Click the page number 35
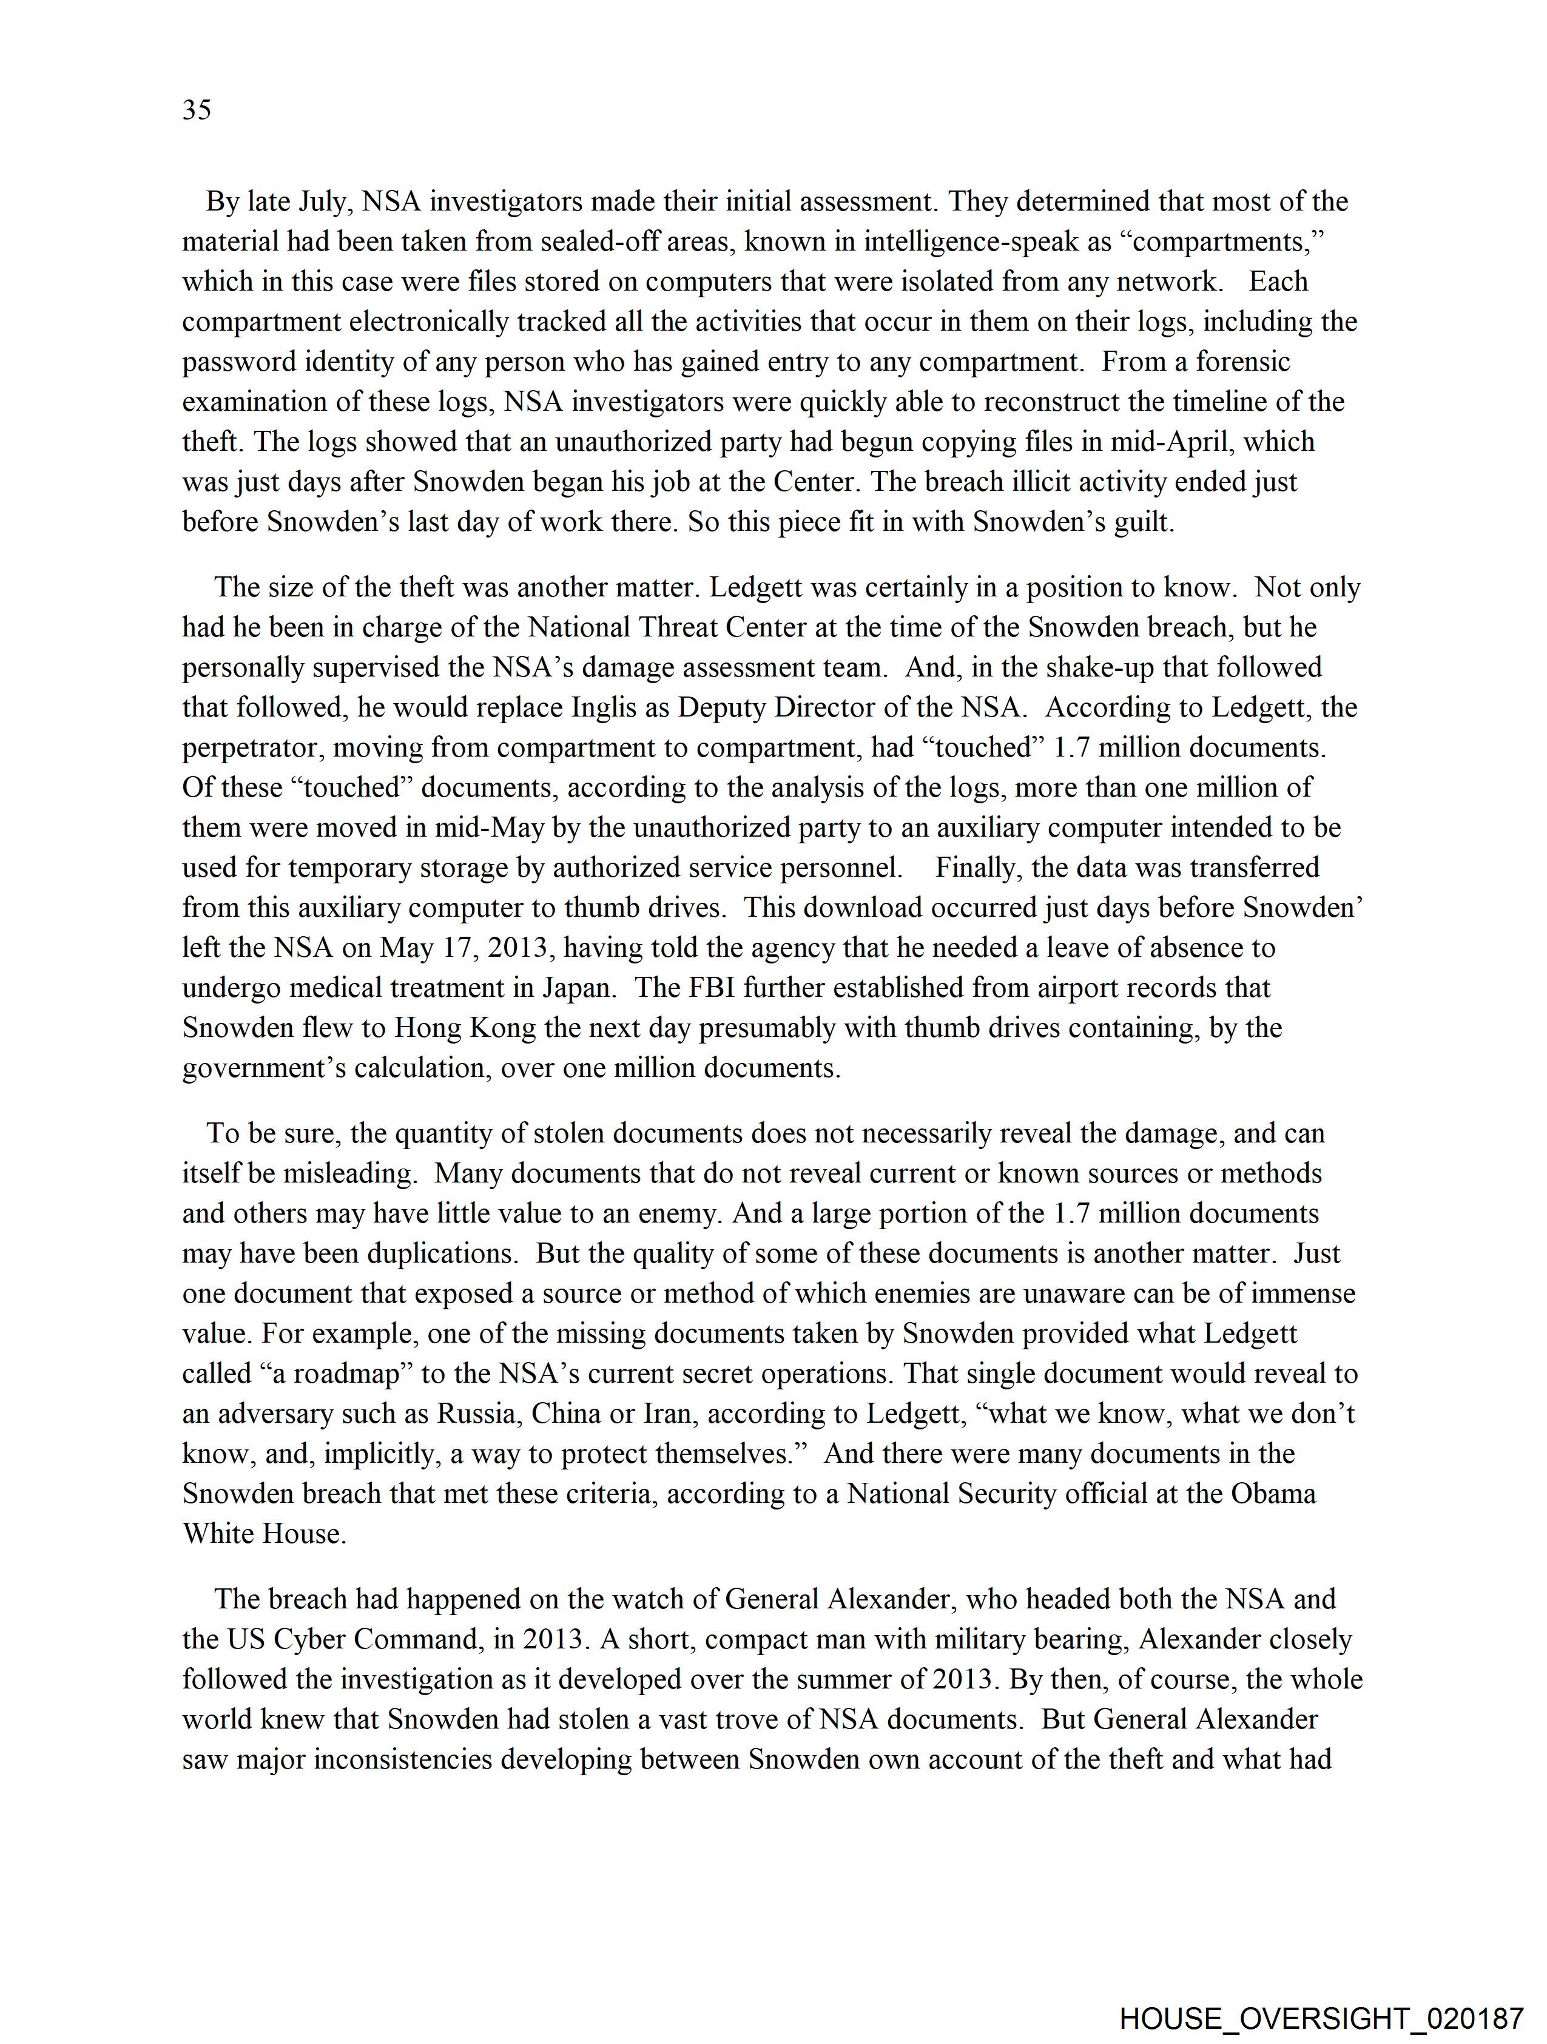pyautogui.click(x=197, y=110)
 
